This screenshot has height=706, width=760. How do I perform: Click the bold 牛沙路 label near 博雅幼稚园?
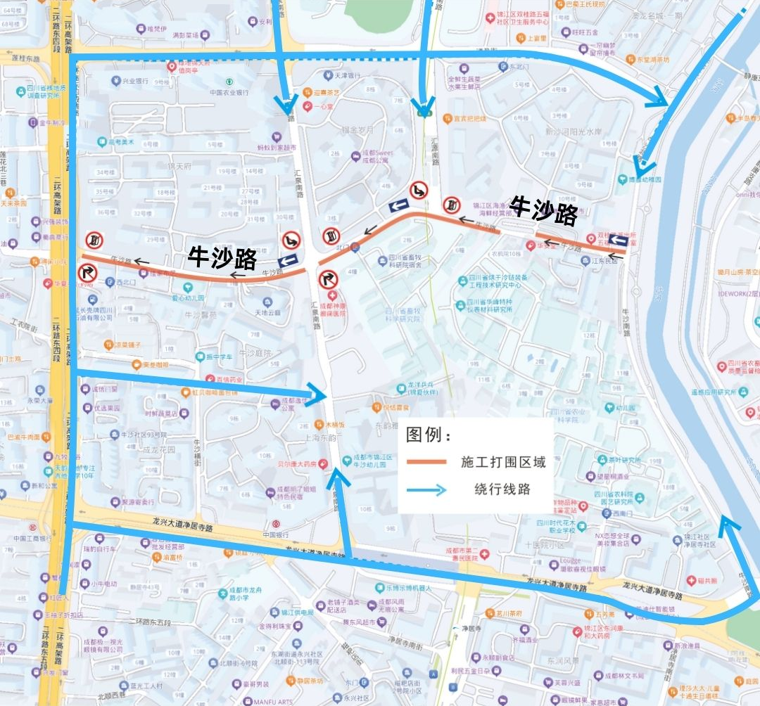(x=544, y=210)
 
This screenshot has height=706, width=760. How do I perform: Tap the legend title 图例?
(x=428, y=435)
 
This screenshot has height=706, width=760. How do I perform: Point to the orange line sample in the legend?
(x=426, y=462)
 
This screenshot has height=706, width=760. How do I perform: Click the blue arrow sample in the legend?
(x=426, y=490)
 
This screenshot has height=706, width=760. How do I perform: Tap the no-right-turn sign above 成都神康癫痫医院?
(x=329, y=280)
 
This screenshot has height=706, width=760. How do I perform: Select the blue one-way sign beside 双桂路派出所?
(x=617, y=241)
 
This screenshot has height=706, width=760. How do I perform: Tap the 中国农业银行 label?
(x=229, y=92)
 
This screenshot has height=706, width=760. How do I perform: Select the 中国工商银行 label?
(x=30, y=539)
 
